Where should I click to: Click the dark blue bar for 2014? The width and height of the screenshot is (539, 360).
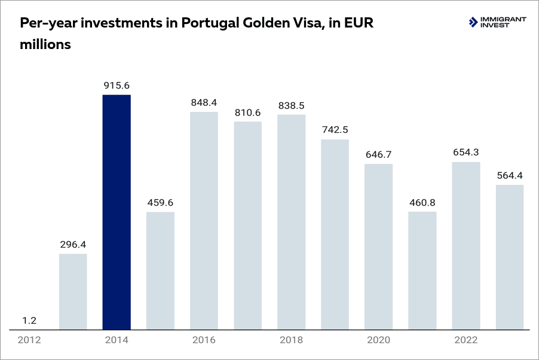click(117, 212)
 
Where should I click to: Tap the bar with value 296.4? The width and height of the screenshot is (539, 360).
click(73, 291)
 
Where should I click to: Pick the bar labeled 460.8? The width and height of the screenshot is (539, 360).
click(422, 270)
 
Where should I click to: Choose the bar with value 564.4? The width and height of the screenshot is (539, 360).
click(510, 257)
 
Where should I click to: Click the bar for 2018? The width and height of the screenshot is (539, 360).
click(291, 222)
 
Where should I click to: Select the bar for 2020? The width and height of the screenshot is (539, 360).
click(379, 246)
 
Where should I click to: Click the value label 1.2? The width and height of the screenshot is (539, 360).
click(29, 321)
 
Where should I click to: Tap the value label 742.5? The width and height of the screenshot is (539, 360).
click(335, 130)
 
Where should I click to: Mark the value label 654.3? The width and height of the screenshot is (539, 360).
click(466, 152)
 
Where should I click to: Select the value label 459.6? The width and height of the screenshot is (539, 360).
click(160, 202)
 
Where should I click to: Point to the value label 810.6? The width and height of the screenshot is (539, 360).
click(247, 112)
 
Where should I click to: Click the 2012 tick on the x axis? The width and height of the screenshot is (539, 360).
click(29, 340)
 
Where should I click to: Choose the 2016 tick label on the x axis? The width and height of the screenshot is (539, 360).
click(204, 340)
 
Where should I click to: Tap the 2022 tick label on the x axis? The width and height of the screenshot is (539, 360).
click(466, 340)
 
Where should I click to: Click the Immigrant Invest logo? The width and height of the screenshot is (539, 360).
click(498, 23)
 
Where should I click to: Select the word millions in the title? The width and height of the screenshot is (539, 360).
click(46, 44)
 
